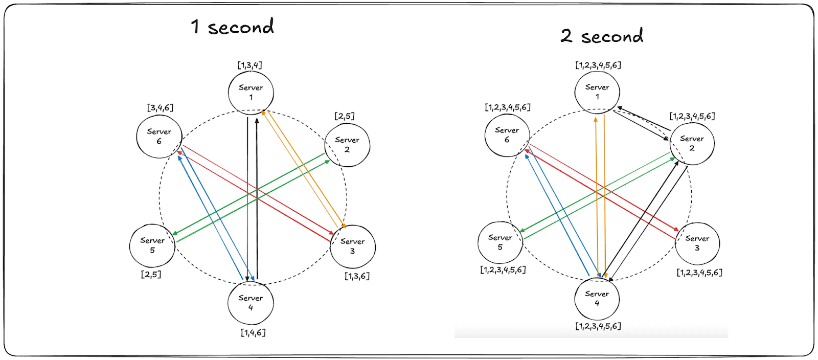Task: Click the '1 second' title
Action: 233,27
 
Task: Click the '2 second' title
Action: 602,36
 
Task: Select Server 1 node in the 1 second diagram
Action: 251,92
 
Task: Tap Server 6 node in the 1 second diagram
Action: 159,136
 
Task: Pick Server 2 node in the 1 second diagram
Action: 347,144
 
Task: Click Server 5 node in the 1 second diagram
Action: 152,245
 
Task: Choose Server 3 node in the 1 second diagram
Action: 353,246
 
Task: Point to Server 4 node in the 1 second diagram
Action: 251,302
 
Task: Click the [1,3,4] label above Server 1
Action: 249,65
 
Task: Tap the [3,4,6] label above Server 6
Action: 160,107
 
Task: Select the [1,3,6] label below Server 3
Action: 357,276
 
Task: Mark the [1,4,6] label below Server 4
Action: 253,332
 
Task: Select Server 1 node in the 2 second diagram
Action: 597,92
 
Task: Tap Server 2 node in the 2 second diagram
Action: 692,143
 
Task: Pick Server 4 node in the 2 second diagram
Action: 597,298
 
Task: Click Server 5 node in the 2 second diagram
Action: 500,242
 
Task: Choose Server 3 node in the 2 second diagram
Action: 697,243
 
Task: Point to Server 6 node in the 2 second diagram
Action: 507,134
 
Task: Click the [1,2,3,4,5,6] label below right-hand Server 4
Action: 598,326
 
